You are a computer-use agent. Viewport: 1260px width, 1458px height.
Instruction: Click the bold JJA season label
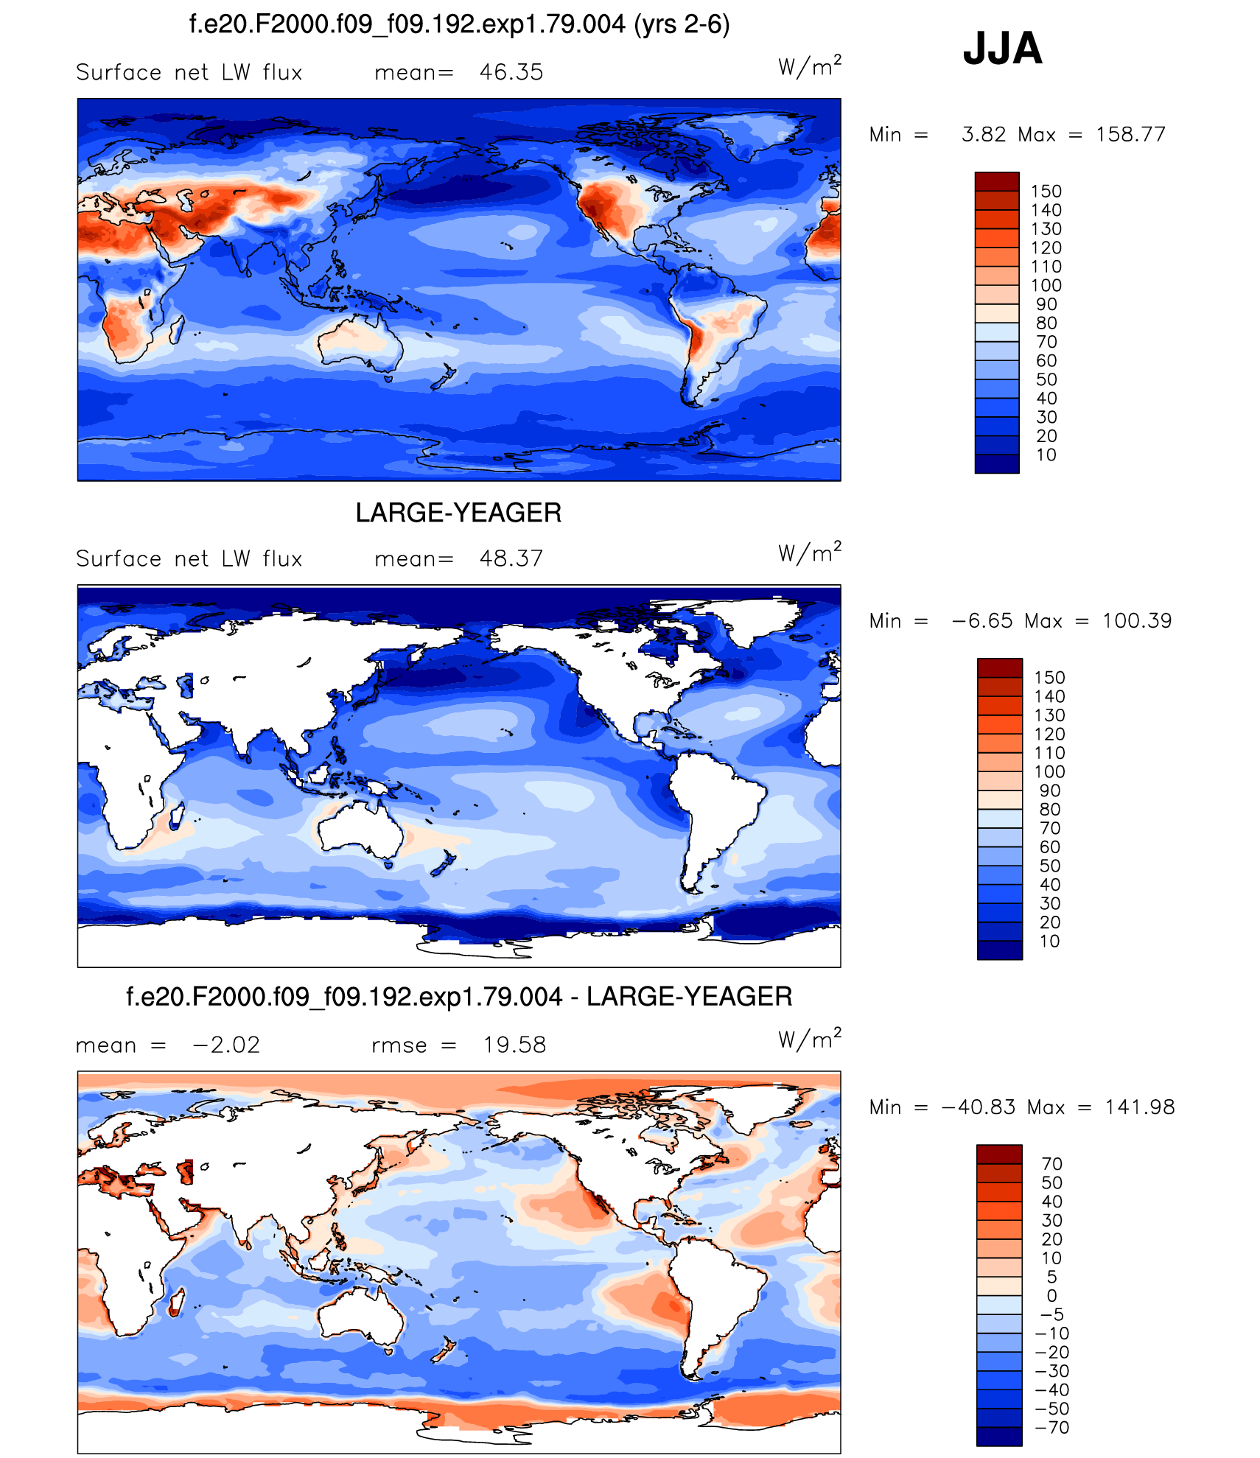1002,49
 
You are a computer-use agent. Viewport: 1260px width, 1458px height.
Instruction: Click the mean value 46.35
511,72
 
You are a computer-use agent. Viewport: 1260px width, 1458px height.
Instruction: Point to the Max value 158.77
1130,134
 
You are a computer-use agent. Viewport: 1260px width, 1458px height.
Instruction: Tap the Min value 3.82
983,134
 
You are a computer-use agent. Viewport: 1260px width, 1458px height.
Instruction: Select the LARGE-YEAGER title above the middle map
458,513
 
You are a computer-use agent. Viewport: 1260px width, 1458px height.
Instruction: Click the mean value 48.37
511,558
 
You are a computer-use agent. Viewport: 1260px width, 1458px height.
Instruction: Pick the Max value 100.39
1136,620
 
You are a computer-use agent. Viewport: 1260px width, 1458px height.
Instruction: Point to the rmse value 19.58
514,1045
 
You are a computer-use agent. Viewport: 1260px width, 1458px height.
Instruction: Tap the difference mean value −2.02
225,1045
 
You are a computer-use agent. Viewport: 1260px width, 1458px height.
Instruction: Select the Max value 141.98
1139,1107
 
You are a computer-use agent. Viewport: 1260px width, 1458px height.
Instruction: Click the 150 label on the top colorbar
1046,192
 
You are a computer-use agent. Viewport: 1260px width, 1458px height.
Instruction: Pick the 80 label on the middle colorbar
1049,809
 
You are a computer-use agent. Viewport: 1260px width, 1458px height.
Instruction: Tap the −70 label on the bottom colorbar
1051,1427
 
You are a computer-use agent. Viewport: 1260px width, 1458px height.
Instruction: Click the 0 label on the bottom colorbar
1051,1295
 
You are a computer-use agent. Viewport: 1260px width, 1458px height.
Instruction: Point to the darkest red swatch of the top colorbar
996,181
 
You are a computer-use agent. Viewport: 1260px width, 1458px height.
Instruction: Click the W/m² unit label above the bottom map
809,1040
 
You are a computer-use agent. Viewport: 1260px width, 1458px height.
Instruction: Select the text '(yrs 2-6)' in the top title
682,24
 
